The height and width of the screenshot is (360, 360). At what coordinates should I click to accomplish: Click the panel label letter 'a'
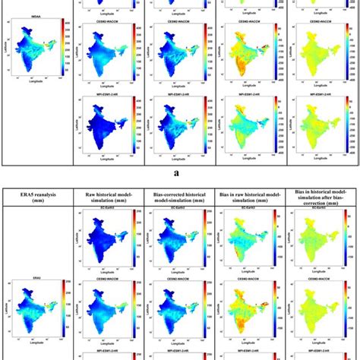point(180,172)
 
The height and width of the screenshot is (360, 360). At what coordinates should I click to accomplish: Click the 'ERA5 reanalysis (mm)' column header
point(36,202)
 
